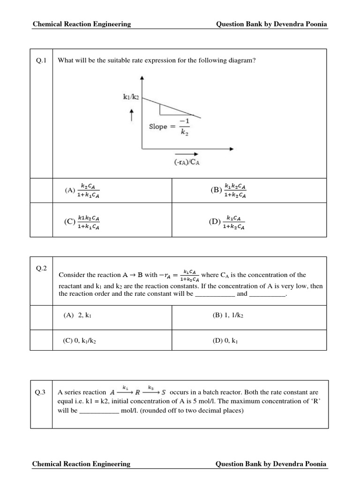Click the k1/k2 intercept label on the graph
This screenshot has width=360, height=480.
click(131, 97)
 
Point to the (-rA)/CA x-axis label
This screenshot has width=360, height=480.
click(185, 163)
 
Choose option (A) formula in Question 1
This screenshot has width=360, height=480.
click(90, 190)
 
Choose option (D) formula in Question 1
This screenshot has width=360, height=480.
click(234, 222)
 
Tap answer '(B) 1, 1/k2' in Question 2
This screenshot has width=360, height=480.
click(228, 315)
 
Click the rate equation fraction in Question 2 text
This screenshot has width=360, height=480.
click(190, 275)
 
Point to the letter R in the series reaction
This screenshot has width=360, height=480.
click(138, 393)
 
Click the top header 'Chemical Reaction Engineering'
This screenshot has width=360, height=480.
click(82, 24)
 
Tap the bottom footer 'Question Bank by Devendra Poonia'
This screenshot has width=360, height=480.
click(271, 464)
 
